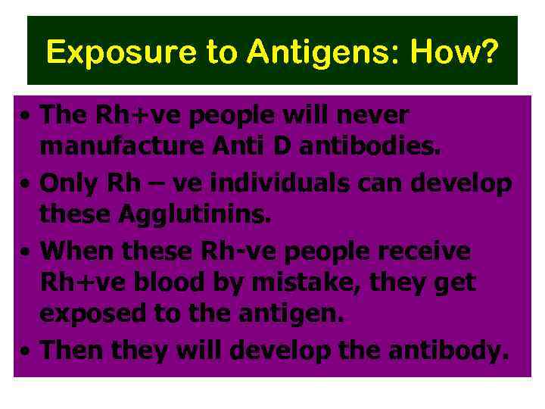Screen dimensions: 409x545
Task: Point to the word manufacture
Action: coord(114,147)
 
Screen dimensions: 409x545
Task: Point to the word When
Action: coord(72,250)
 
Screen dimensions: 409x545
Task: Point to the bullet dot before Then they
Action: coord(26,351)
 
